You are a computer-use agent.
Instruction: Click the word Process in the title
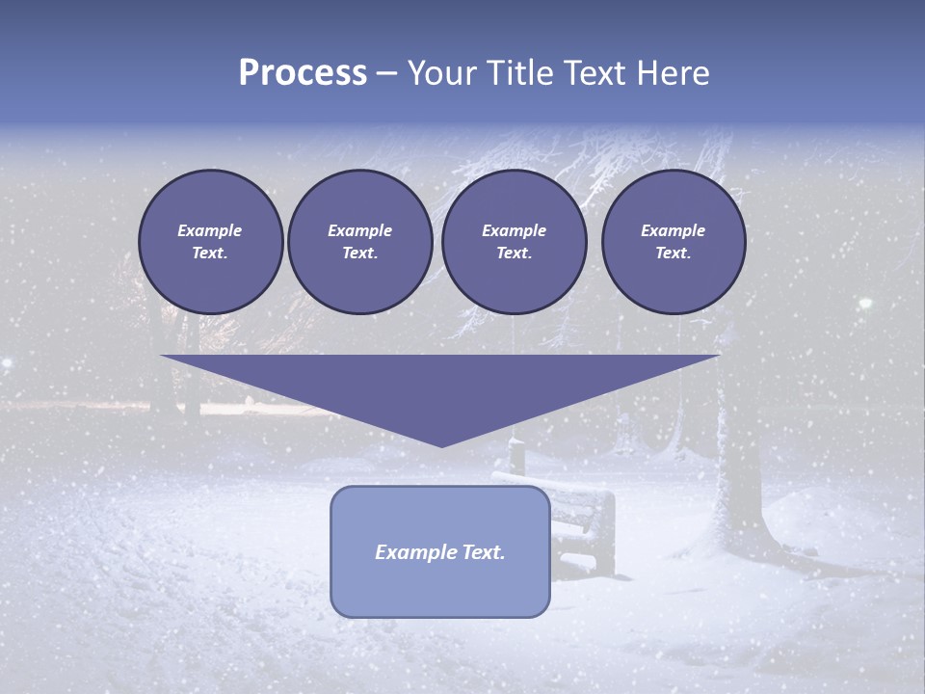point(303,72)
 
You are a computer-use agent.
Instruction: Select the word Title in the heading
point(525,73)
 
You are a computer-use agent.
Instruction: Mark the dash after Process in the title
point(387,75)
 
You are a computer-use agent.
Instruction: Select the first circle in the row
point(210,242)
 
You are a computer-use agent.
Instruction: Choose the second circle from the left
point(359,242)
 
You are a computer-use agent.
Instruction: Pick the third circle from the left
point(514,242)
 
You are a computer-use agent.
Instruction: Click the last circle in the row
point(673,242)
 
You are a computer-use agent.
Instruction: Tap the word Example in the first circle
point(210,230)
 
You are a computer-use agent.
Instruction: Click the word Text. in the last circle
point(673,254)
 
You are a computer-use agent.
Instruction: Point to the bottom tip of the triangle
point(441,445)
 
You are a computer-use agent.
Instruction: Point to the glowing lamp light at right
point(864,305)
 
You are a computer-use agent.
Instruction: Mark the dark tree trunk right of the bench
point(738,482)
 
